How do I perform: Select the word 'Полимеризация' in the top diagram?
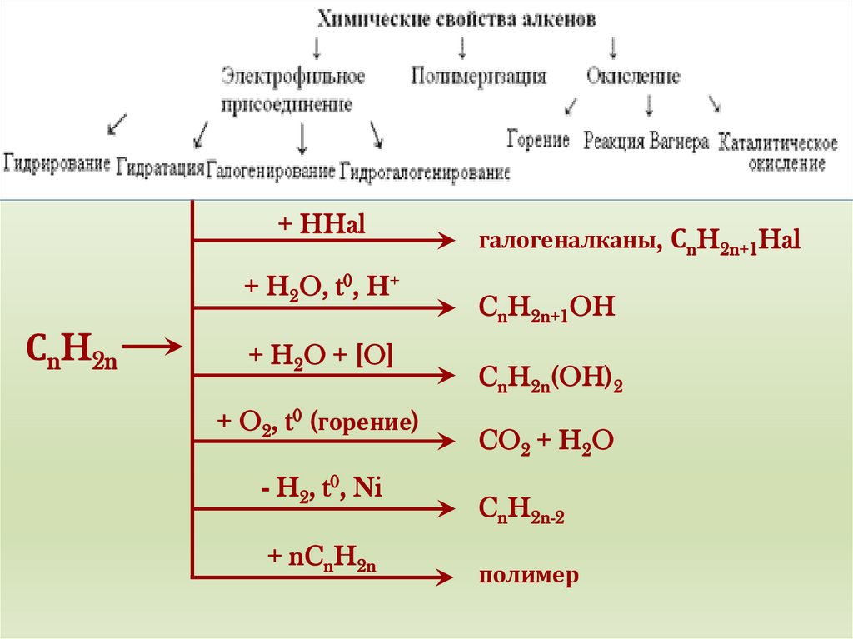(x=479, y=77)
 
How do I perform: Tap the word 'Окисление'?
(x=633, y=77)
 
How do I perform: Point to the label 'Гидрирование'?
(x=57, y=162)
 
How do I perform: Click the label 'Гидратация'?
(x=161, y=167)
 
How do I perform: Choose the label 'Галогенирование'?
(x=271, y=170)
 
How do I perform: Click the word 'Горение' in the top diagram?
(x=538, y=139)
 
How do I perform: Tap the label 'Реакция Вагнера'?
(x=646, y=141)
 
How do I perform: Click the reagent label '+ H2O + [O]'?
(x=320, y=356)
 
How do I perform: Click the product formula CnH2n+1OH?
(x=546, y=308)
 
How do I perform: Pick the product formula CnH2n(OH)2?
(x=551, y=379)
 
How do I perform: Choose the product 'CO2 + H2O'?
(x=546, y=442)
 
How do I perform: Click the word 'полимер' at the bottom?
(x=528, y=576)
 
